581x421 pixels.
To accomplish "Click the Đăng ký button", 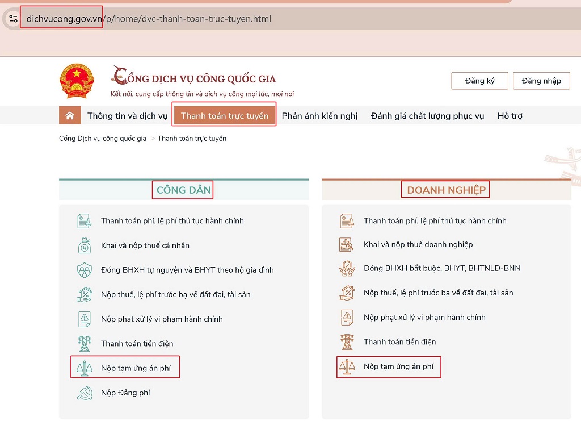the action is tap(479, 81).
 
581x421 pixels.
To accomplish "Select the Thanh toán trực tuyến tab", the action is tap(225, 116).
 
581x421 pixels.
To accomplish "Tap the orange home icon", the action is tap(70, 116).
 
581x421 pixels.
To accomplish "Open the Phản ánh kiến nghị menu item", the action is tap(319, 116).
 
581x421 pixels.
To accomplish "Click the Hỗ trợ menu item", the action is tap(510, 116).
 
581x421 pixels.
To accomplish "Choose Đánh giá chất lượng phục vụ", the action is tap(427, 116).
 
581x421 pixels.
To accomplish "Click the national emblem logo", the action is tap(77, 81).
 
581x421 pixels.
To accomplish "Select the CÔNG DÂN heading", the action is tap(183, 190).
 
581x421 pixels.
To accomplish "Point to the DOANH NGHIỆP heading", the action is tap(446, 190).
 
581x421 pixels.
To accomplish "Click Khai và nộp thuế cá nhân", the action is tap(145, 245).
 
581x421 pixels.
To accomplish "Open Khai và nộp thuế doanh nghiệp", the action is tap(418, 244).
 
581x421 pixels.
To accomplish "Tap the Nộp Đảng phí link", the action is tap(125, 393).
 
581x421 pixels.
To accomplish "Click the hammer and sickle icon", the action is tap(85, 393).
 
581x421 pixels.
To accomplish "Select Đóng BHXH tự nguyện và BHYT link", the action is tap(187, 270).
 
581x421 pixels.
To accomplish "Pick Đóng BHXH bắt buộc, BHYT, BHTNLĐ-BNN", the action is tap(442, 268).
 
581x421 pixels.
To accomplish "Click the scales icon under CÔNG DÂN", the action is tap(85, 368).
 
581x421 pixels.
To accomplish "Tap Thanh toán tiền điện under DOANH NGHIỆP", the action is tap(400, 341).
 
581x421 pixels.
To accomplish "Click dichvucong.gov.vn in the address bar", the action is tap(64, 19).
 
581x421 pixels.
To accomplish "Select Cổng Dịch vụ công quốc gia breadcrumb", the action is tap(103, 139).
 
